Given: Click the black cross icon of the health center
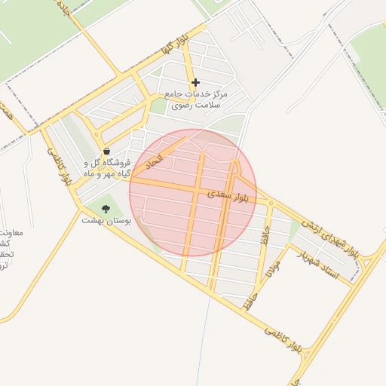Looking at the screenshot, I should [x=195, y=83].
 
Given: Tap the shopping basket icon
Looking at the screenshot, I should [x=106, y=152].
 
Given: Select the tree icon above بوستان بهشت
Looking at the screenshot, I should [x=105, y=208].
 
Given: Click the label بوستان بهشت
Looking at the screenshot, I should [x=106, y=221].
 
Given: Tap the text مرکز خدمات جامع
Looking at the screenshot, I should [x=196, y=96].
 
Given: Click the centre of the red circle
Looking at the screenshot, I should [x=193, y=193].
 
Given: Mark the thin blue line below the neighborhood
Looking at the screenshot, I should [x=202, y=339].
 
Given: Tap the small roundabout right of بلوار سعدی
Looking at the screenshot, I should [x=271, y=201].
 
